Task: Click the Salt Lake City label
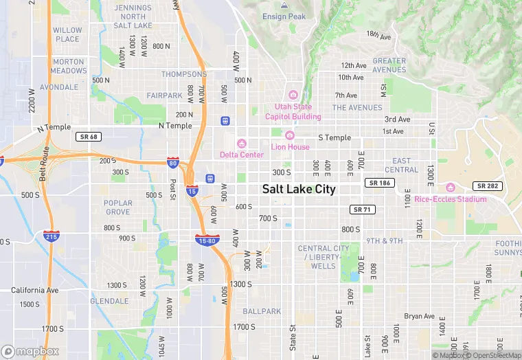pos(299,189)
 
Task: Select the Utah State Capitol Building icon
pos(293,95)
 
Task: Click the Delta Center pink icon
pos(241,144)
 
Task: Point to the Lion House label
pos(290,147)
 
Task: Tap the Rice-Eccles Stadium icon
pos(451,188)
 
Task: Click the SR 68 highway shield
pos(89,137)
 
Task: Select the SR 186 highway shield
pos(380,183)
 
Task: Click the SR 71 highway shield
pos(362,209)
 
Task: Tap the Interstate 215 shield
pos(49,236)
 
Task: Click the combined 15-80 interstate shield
pos(207,240)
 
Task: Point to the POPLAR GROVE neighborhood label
pos(117,207)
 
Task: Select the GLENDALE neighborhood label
pos(109,301)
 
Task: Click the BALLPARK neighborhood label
pos(262,311)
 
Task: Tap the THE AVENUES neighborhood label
pos(357,108)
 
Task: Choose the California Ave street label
pos(34,290)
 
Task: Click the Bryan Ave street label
pos(419,317)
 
